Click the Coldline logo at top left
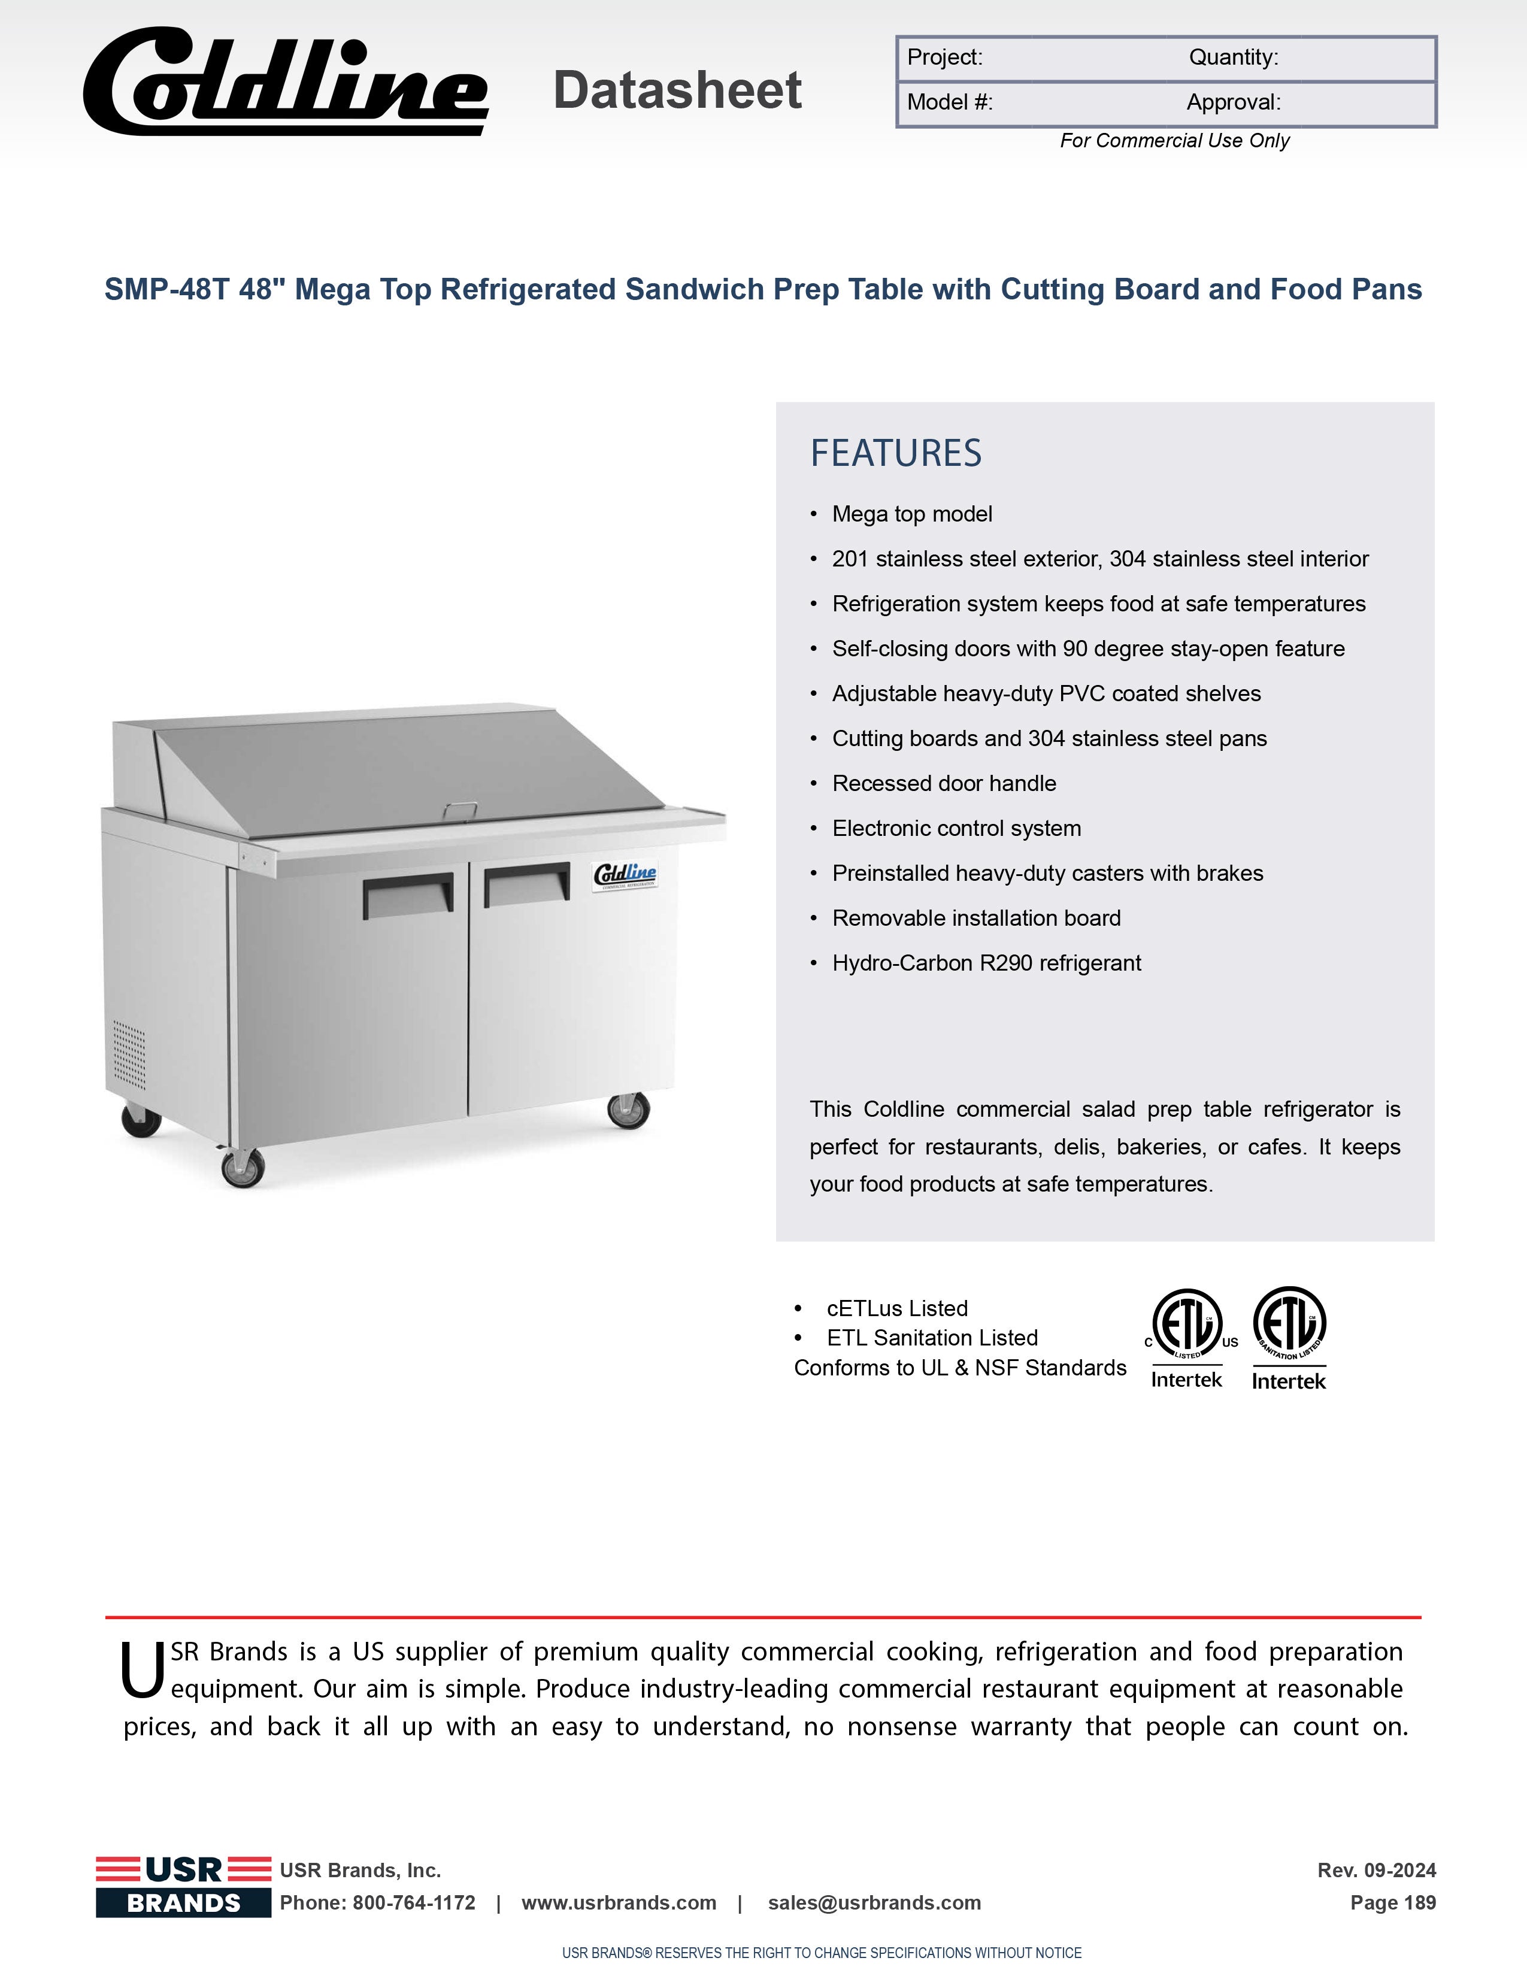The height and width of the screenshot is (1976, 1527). click(286, 83)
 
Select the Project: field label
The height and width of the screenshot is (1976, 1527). click(944, 58)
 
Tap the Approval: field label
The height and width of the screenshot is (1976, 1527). click(1233, 102)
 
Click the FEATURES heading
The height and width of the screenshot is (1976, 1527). click(896, 453)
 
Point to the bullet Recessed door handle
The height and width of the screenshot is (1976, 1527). click(944, 784)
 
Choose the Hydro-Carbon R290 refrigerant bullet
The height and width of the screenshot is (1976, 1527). click(986, 963)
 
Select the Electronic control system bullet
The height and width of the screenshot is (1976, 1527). click(956, 828)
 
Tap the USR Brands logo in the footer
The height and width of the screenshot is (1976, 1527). click(184, 1886)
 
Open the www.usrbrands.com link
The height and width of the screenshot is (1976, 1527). click(619, 1903)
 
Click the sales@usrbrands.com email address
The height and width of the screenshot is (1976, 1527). click(874, 1903)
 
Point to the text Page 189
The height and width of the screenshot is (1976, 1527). click(1392, 1903)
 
